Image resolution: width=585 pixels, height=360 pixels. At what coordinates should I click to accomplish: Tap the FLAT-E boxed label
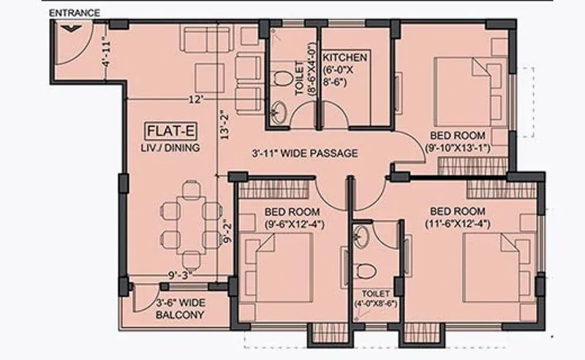click(x=170, y=132)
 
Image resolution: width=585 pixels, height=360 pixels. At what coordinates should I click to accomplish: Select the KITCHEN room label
click(x=345, y=57)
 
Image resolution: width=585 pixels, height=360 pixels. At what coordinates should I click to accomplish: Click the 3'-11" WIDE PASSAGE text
click(x=304, y=154)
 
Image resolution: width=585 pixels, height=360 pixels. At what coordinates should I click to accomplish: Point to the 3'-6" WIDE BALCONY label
click(x=179, y=310)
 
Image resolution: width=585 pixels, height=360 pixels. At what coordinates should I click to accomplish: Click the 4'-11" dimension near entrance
click(x=107, y=53)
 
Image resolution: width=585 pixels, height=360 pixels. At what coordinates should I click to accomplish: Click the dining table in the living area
click(x=191, y=225)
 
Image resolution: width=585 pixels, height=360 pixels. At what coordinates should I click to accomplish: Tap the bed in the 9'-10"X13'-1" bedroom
click(x=465, y=92)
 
